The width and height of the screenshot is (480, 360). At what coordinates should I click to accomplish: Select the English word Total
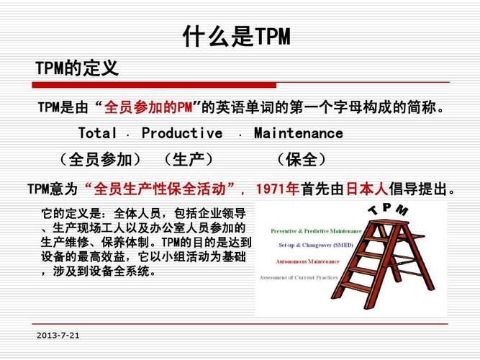click(97, 133)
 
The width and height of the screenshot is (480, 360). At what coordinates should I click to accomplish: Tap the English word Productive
click(181, 133)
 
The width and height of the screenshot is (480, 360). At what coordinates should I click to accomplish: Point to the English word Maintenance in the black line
click(298, 133)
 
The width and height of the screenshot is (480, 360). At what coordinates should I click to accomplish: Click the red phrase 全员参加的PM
click(150, 108)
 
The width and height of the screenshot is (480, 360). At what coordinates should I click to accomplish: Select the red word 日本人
click(366, 189)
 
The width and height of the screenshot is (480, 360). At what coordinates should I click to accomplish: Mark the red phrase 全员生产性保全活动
click(161, 189)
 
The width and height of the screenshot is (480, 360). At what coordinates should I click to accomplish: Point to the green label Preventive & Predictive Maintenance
click(315, 231)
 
